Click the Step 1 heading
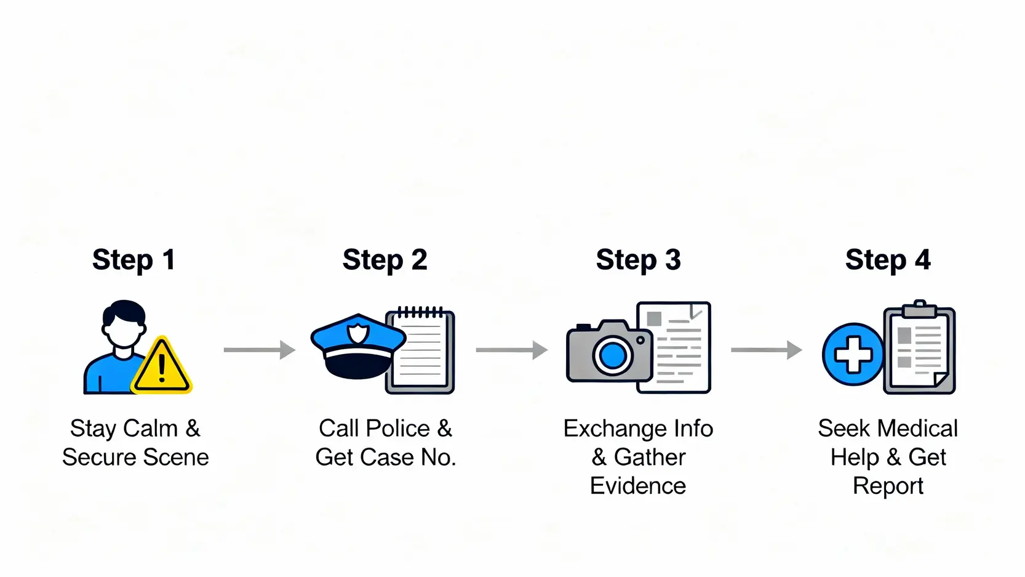point(134,260)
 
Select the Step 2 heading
point(385,260)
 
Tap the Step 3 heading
point(638,260)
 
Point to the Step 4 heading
point(888,260)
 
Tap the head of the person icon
point(124,324)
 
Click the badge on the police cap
point(357,334)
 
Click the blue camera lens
point(613,355)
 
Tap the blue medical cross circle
point(853,355)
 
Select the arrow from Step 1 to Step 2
point(259,350)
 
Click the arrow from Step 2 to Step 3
point(511,350)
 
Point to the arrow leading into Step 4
point(766,350)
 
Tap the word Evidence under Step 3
point(638,486)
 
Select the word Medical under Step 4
point(920,429)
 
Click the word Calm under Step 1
point(150,429)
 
